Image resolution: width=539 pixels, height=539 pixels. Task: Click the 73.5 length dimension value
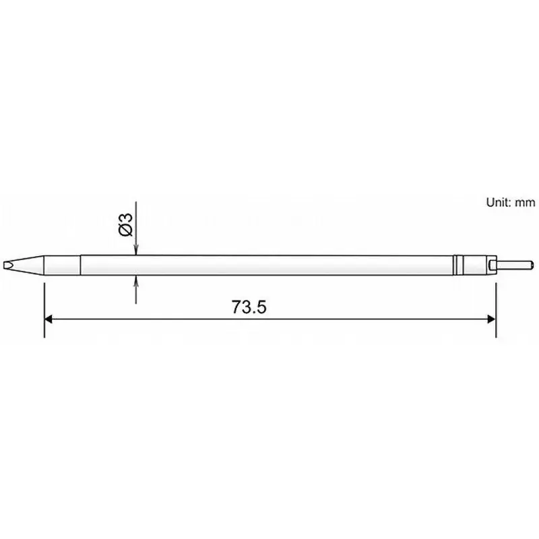click(250, 307)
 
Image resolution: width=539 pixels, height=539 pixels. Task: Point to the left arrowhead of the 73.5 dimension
click(49, 319)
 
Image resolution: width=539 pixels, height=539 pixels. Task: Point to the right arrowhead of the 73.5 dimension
click(491, 319)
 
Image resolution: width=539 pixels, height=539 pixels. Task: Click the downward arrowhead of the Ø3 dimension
click(136, 250)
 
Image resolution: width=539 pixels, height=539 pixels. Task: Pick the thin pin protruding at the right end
click(516, 265)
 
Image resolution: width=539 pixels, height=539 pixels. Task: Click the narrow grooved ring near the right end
click(458, 265)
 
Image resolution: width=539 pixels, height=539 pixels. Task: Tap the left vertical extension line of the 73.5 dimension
click(44, 310)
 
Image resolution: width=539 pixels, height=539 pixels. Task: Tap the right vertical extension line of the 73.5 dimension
click(497, 310)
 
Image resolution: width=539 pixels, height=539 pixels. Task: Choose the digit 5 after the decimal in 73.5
click(262, 307)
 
